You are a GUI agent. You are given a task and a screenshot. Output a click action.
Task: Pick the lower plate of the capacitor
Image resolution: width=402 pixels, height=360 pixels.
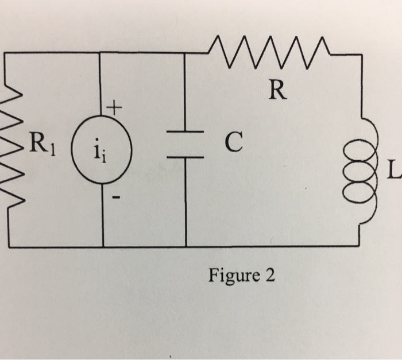pos(185,156)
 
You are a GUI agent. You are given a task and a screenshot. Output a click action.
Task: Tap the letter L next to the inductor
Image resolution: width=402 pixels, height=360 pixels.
pos(395,170)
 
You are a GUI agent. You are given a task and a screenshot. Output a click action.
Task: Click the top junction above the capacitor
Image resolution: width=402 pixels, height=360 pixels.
pos(185,53)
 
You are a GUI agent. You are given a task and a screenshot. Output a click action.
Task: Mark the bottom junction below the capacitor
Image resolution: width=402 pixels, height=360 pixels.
pos(185,246)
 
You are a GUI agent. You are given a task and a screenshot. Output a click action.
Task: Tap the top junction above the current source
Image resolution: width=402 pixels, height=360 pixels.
pos(102,53)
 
